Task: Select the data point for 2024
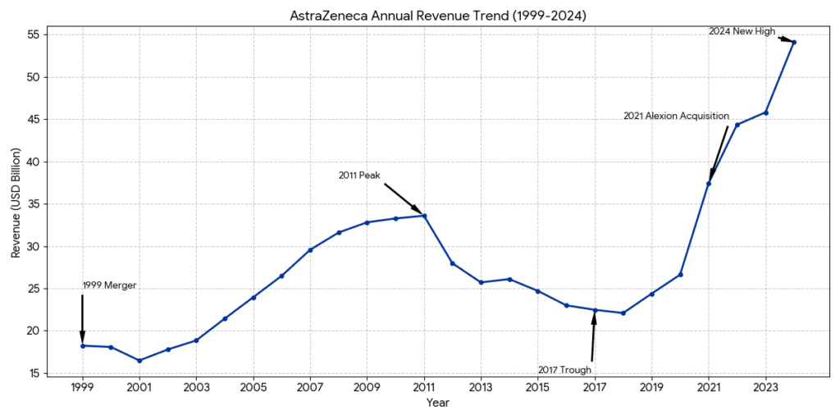(x=794, y=43)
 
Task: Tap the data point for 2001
(x=139, y=360)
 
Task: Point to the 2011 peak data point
(x=424, y=216)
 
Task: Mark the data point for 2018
(x=623, y=313)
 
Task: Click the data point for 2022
(x=737, y=125)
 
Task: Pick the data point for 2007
(x=310, y=249)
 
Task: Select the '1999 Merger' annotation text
(x=109, y=285)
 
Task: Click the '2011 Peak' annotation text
(x=359, y=176)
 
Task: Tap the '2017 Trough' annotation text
(x=564, y=369)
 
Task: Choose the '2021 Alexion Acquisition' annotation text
(x=676, y=116)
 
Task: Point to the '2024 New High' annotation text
(x=742, y=31)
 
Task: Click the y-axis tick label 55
(x=34, y=35)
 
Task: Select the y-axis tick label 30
(x=34, y=246)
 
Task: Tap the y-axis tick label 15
(x=34, y=373)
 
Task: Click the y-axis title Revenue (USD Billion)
(x=16, y=203)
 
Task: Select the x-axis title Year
(x=438, y=403)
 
